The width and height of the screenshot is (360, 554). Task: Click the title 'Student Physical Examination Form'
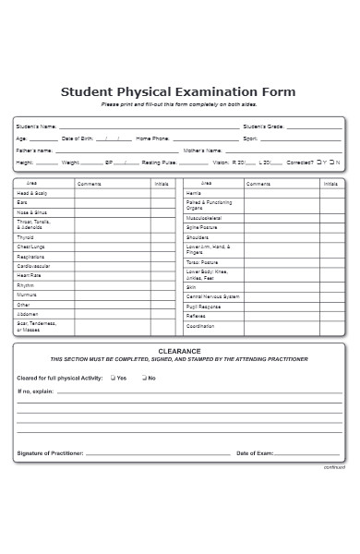click(178, 91)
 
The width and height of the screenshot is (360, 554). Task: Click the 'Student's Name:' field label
click(37, 126)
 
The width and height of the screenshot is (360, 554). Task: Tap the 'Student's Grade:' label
click(264, 126)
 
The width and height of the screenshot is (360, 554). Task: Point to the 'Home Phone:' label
click(152, 138)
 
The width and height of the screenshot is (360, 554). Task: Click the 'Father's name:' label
click(35, 150)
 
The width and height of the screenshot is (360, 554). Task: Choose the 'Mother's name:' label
click(202, 150)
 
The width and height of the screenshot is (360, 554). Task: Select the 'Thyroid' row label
click(25, 237)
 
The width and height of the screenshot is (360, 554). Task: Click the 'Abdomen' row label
click(27, 314)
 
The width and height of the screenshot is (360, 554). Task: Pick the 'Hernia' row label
click(193, 193)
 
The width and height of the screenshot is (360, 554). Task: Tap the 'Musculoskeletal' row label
click(204, 218)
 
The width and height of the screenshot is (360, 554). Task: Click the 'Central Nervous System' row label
click(212, 296)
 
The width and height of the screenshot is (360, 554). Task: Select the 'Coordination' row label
click(200, 326)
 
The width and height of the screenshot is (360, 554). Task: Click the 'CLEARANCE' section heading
click(179, 351)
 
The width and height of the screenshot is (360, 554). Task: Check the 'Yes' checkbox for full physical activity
click(113, 378)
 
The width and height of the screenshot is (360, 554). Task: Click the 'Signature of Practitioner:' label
click(50, 453)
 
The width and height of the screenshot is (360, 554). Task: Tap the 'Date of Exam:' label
click(255, 453)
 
